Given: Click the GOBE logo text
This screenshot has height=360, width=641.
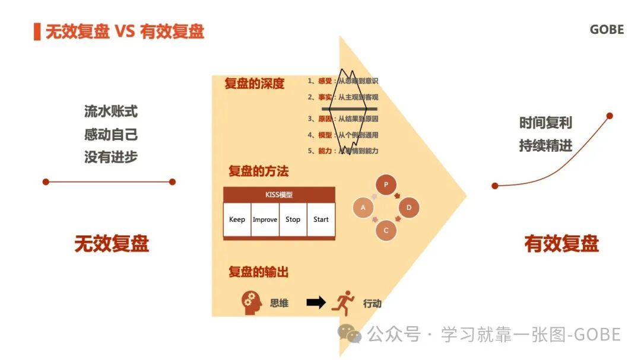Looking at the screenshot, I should [x=607, y=30].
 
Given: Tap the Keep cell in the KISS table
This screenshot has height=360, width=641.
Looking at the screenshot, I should [x=237, y=219].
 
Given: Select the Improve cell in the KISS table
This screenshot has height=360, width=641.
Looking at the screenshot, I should [x=265, y=219].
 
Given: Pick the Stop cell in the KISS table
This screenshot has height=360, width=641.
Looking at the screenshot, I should [x=293, y=219].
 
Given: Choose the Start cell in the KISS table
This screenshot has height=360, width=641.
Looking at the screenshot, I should [x=321, y=219].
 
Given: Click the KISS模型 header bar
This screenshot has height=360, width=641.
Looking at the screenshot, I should [x=279, y=195].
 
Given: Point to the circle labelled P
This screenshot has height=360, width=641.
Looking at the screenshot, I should [x=386, y=184].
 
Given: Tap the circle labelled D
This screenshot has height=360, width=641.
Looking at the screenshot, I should [x=409, y=208].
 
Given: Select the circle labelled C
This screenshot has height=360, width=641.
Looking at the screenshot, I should [x=386, y=230].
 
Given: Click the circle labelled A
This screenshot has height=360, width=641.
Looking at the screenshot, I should [x=363, y=208].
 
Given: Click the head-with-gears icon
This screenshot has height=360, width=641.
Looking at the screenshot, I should [x=252, y=302].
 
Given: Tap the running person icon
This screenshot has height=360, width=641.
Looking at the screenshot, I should [x=343, y=302].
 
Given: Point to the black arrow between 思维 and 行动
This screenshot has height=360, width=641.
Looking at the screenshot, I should [x=316, y=302].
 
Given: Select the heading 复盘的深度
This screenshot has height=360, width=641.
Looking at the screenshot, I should [x=254, y=84].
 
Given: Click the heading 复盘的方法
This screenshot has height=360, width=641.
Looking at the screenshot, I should [x=258, y=171].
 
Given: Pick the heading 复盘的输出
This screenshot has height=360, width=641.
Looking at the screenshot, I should [x=258, y=272].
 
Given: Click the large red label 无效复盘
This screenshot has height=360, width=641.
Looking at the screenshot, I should [x=111, y=244].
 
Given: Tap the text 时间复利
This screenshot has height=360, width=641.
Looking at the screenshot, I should [x=545, y=123].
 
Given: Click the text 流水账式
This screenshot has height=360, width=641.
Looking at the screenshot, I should [x=111, y=111].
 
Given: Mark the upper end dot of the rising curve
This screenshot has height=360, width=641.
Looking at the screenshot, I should [x=609, y=116].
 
